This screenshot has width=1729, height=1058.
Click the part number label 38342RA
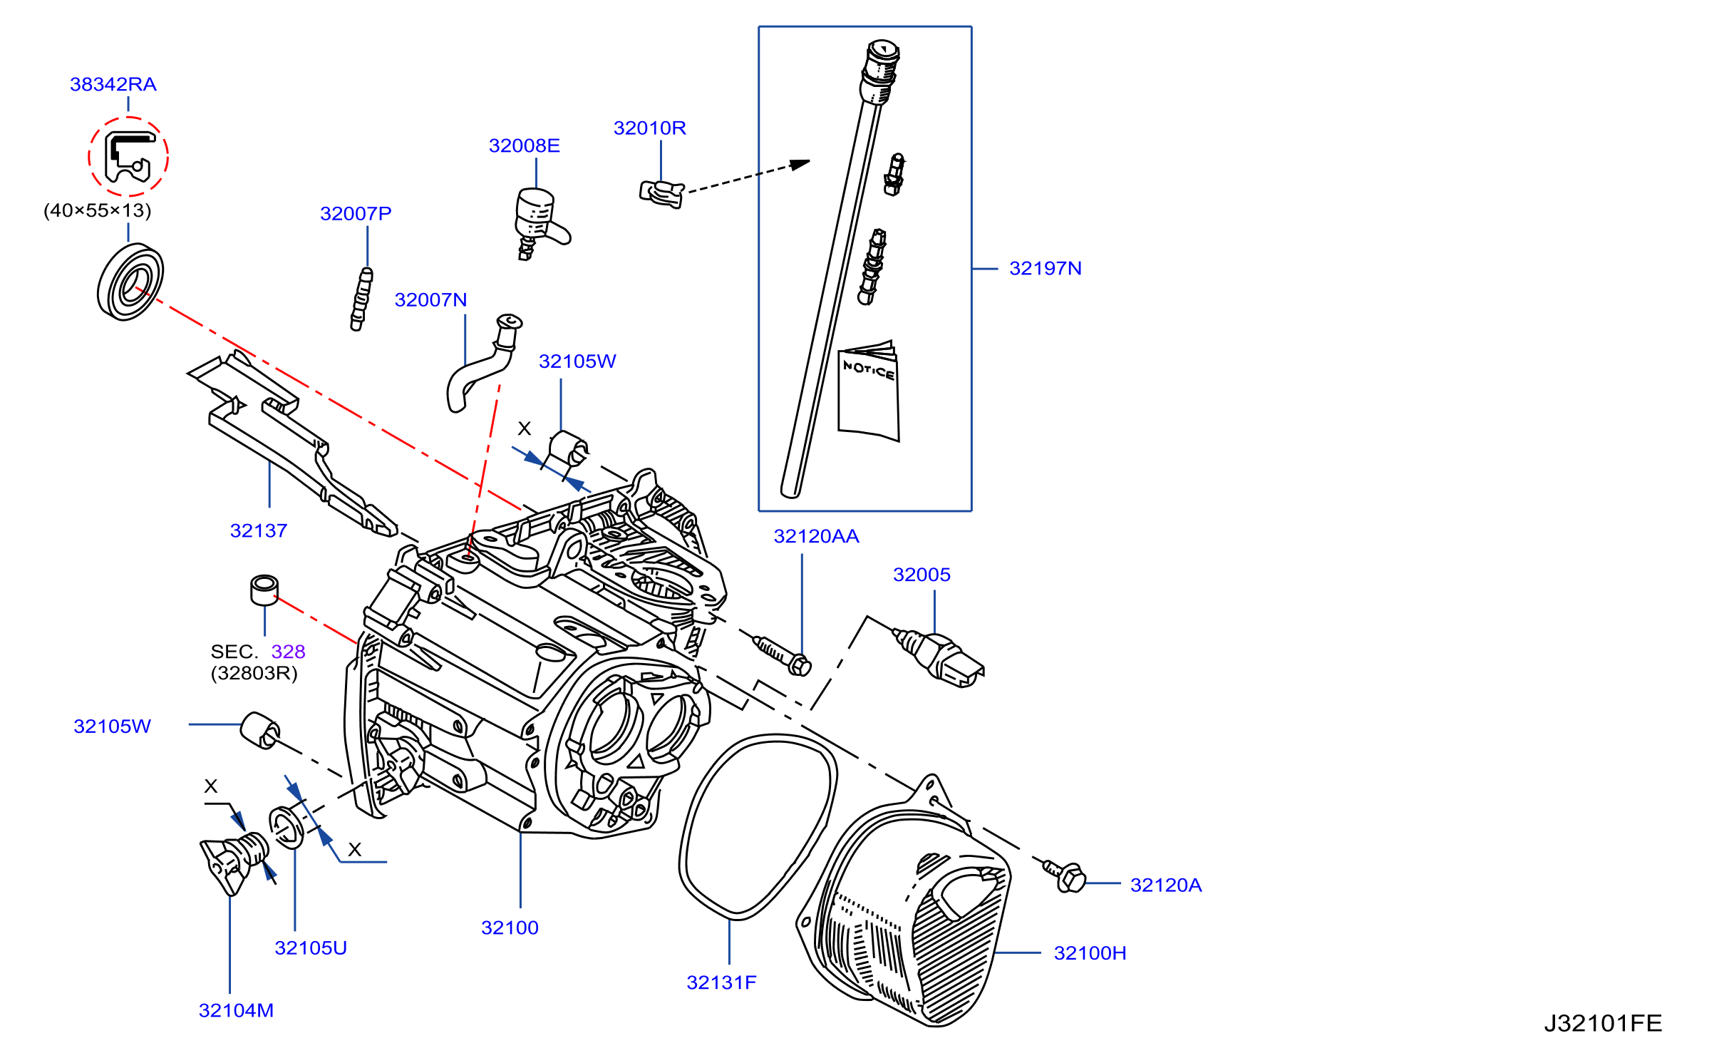tap(113, 84)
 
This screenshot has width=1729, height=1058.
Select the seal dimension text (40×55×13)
tap(98, 210)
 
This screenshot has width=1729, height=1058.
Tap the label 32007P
tap(356, 213)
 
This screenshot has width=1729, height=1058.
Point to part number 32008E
tap(525, 145)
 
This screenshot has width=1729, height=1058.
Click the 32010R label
tap(650, 128)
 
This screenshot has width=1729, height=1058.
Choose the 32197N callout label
tap(1046, 268)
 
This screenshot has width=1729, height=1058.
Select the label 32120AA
tap(817, 536)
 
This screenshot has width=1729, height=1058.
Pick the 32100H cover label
tap(1090, 953)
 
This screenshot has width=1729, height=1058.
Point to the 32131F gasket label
tap(721, 982)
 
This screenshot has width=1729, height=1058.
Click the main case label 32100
tap(510, 928)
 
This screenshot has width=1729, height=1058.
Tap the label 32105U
tap(311, 947)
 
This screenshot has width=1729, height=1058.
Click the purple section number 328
tap(288, 652)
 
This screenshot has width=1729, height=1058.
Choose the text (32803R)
tap(254, 673)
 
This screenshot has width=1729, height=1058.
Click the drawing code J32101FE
tap(1603, 1023)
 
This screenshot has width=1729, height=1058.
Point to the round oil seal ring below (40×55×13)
tap(130, 282)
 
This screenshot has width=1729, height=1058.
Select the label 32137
tap(259, 530)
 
